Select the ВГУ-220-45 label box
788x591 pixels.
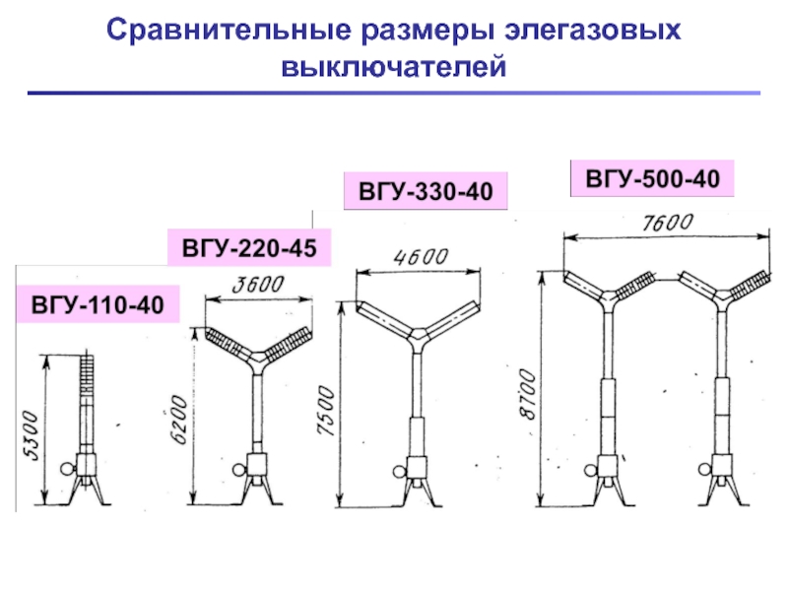(x=249, y=247)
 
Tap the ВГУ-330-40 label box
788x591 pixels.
(x=425, y=190)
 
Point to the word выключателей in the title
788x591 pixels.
(x=394, y=68)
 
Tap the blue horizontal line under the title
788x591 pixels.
(x=394, y=94)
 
